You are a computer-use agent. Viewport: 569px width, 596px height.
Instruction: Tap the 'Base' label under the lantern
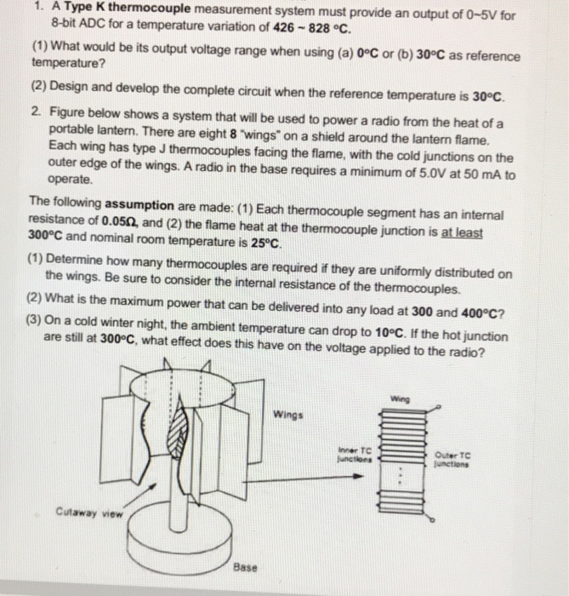(x=246, y=566)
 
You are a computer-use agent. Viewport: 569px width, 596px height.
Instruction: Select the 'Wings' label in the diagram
(x=287, y=415)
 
